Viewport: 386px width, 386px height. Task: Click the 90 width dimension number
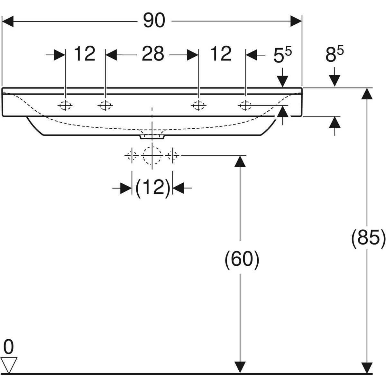(154, 21)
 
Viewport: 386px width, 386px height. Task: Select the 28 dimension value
(153, 54)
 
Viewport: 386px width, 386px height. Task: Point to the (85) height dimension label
(368, 238)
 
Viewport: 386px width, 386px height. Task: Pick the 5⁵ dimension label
(282, 56)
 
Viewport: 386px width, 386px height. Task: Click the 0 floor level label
(9, 348)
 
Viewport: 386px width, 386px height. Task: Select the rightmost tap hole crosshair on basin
(245, 105)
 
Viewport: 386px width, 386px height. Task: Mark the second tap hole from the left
(105, 105)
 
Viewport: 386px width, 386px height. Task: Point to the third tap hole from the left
(198, 105)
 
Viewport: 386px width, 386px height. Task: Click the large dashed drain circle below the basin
(152, 155)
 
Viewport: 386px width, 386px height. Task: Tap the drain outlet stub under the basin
(152, 137)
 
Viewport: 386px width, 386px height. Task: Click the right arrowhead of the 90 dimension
(296, 21)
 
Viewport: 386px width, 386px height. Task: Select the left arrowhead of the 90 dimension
(8, 21)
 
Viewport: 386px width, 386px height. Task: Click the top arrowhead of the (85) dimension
(367, 93)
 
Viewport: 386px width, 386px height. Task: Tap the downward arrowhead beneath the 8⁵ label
(335, 80)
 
